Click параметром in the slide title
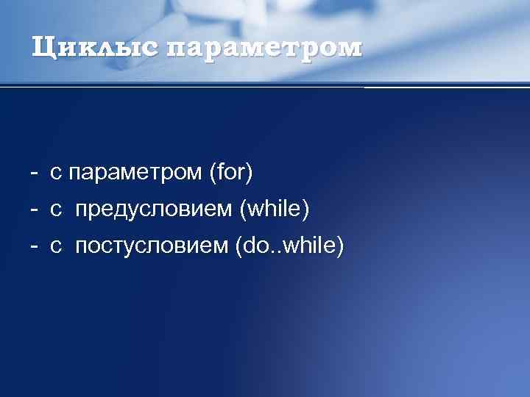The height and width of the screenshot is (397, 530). [x=264, y=48]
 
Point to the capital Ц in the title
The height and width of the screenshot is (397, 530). [x=43, y=48]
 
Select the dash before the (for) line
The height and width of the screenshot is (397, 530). [x=34, y=174]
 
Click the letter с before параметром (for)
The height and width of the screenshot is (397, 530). [x=56, y=174]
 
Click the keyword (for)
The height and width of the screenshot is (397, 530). [x=231, y=174]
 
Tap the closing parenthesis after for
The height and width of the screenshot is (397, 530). [x=250, y=174]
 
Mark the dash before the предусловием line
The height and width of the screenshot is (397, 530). [x=34, y=211]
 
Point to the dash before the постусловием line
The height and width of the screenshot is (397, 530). [x=34, y=246]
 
